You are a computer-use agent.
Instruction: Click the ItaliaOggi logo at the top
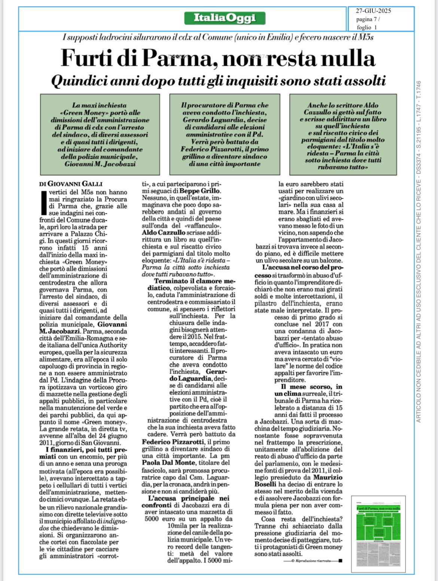pos(225,18)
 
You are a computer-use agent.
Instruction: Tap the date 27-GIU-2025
pos(373,11)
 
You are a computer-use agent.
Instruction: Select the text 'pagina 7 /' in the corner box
pos(368,19)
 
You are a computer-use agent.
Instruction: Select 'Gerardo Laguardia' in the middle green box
pos(225,119)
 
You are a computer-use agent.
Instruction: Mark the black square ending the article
pos(340,560)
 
